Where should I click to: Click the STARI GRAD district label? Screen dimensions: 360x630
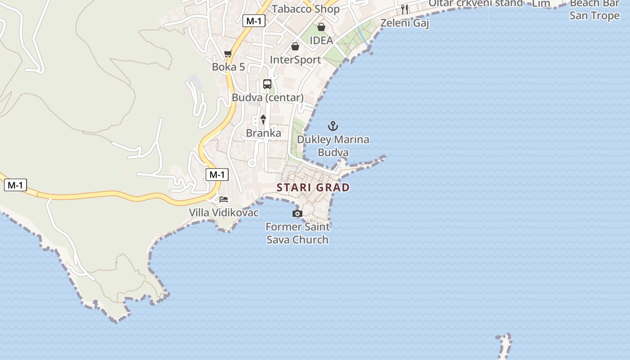tap(313, 187)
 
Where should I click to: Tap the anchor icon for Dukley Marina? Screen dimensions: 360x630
tap(333, 126)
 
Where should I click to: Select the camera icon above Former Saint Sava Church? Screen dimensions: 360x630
tap(297, 213)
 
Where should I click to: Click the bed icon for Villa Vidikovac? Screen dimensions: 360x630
tap(224, 199)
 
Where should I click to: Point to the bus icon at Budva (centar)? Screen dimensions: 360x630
tap(267, 84)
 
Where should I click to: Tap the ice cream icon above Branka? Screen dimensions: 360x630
tap(263, 119)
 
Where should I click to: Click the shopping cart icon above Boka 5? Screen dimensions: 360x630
tap(228, 54)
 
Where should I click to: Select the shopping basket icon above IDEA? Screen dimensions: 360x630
tap(321, 27)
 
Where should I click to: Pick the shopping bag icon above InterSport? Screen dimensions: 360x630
tap(295, 46)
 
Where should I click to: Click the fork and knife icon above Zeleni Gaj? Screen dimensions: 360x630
tap(405, 9)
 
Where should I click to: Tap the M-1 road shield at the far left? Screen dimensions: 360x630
tap(15, 185)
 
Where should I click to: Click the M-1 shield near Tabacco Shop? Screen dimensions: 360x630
tap(254, 21)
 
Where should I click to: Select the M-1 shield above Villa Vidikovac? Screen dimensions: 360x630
tap(217, 175)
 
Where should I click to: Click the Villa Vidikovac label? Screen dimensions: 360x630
tap(224, 212)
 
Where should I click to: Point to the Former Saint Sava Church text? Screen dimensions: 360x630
tap(297, 233)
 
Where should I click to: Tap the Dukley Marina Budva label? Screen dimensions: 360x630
tap(333, 146)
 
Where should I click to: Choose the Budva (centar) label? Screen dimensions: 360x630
tap(267, 98)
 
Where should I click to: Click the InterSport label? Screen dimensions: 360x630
tap(295, 60)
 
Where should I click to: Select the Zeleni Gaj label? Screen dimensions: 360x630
tap(405, 22)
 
